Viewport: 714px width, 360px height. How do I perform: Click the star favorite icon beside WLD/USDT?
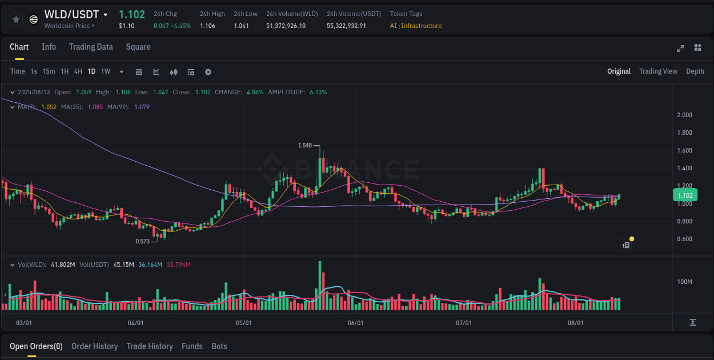pos(16,19)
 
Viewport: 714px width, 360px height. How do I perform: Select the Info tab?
pos(49,47)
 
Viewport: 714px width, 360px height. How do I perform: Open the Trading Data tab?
pos(91,47)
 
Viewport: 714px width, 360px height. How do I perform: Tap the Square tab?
pos(138,47)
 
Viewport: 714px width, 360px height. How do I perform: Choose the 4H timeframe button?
pos(78,71)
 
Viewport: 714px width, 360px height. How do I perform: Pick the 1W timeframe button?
pos(106,71)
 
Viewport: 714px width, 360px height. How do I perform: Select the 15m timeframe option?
pos(49,71)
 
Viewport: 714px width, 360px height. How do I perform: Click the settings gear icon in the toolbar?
pos(208,72)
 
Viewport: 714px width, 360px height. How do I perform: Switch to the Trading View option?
pos(658,71)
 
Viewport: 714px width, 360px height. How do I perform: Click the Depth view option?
pos(695,71)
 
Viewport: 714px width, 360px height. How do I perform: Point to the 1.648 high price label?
pos(305,146)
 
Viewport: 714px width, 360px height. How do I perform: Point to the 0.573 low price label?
pos(142,241)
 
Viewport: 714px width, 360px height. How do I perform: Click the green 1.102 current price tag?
pos(685,195)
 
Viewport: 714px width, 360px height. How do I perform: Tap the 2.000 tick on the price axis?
pos(684,115)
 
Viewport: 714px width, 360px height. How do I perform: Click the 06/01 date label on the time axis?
pos(355,323)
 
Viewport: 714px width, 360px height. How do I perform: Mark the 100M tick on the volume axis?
pos(685,282)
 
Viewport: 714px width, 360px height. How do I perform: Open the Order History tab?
pos(94,346)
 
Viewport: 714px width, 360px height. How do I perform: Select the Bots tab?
pos(219,346)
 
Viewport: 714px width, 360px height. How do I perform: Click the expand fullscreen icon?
pos(680,49)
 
